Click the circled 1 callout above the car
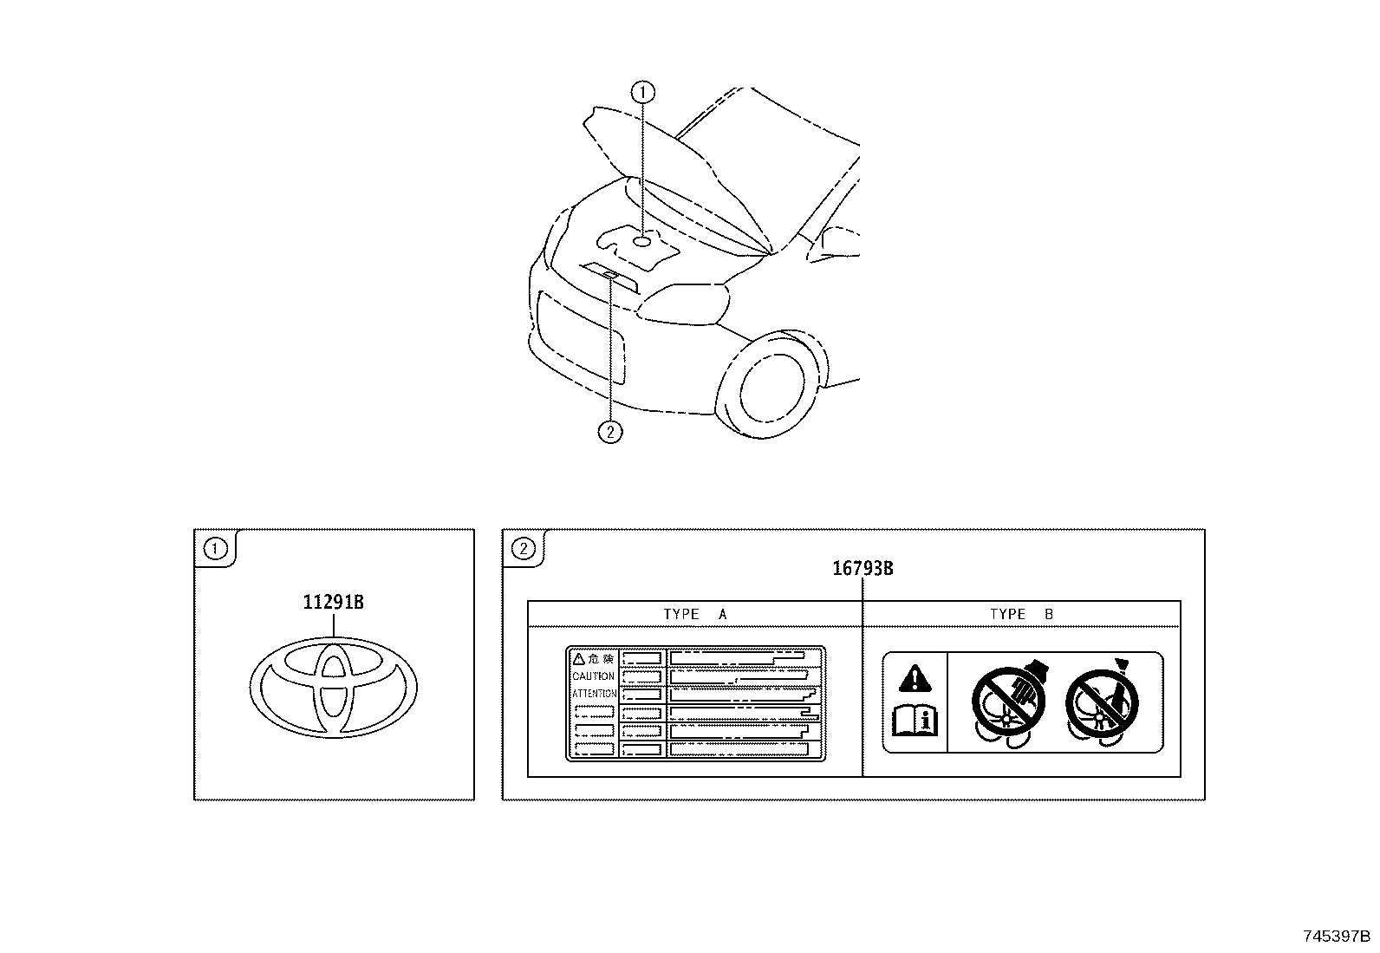[x=642, y=93]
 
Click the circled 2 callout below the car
[x=610, y=432]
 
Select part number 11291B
[x=333, y=602]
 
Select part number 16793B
[x=862, y=568]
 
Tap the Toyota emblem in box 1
[x=333, y=688]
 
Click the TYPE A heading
[x=695, y=614]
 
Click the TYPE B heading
[x=1021, y=614]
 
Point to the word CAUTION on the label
[x=593, y=676]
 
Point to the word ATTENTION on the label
[x=595, y=694]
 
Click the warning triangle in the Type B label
[x=915, y=679]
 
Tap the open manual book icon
[x=915, y=721]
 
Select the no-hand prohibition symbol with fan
[x=1008, y=702]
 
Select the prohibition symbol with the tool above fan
[x=1102, y=702]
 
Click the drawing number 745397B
[x=1337, y=936]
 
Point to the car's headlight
[x=684, y=304]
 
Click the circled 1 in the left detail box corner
[x=215, y=548]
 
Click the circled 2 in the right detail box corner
[x=523, y=548]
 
